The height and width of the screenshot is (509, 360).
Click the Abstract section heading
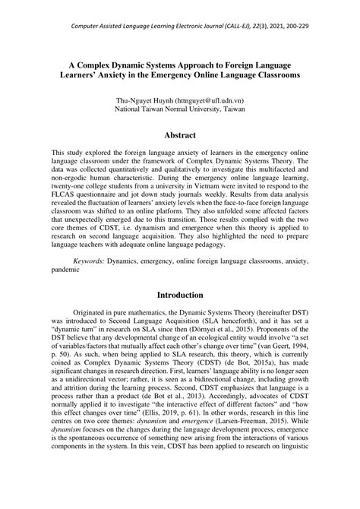[x=180, y=135]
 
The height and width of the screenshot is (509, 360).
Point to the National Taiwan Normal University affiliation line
[x=180, y=109]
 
